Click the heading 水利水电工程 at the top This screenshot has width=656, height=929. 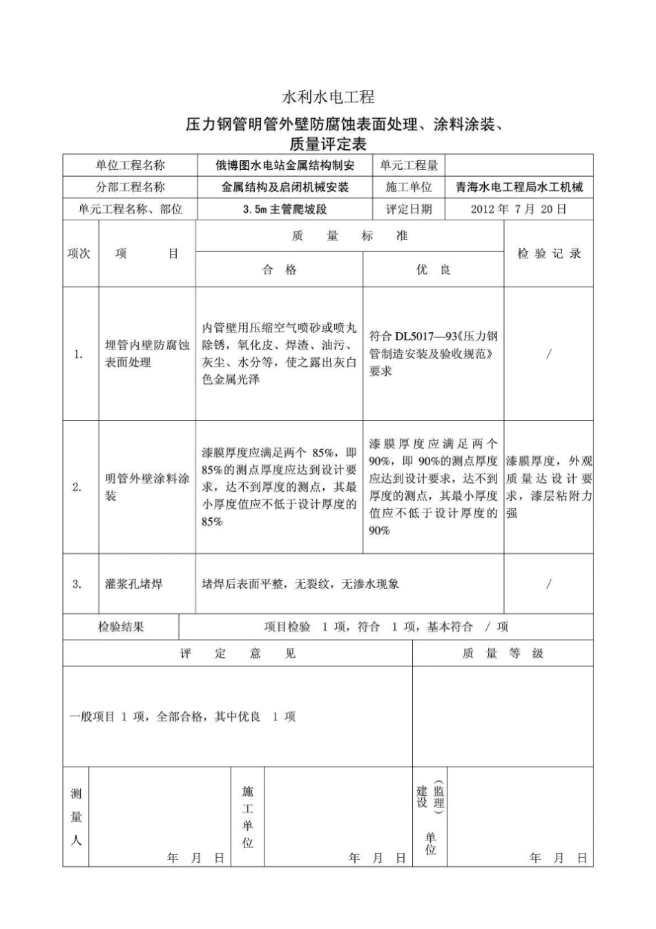(x=328, y=97)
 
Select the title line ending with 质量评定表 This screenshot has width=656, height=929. (x=328, y=144)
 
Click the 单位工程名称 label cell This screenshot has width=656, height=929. (x=131, y=166)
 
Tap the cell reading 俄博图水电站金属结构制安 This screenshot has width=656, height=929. (x=285, y=166)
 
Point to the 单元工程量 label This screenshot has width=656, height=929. (x=409, y=166)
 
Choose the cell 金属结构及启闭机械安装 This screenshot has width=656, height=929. (x=285, y=187)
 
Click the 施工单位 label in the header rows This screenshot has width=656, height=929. (x=409, y=187)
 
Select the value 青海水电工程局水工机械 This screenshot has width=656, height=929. (x=519, y=187)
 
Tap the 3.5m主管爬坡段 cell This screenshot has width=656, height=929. (x=285, y=209)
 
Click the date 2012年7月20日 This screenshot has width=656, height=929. (x=519, y=209)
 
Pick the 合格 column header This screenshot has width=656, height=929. (x=279, y=270)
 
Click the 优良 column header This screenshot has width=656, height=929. (x=433, y=270)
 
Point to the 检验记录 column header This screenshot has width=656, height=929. (x=549, y=253)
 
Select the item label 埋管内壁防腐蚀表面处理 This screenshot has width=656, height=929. (x=147, y=354)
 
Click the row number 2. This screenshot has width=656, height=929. (x=77, y=487)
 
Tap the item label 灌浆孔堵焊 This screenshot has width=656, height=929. (x=134, y=584)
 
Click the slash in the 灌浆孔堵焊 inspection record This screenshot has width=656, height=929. (x=548, y=584)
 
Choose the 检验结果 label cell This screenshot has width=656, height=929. (x=121, y=627)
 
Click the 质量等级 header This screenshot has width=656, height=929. (x=503, y=653)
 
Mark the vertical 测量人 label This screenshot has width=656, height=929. (x=76, y=817)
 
